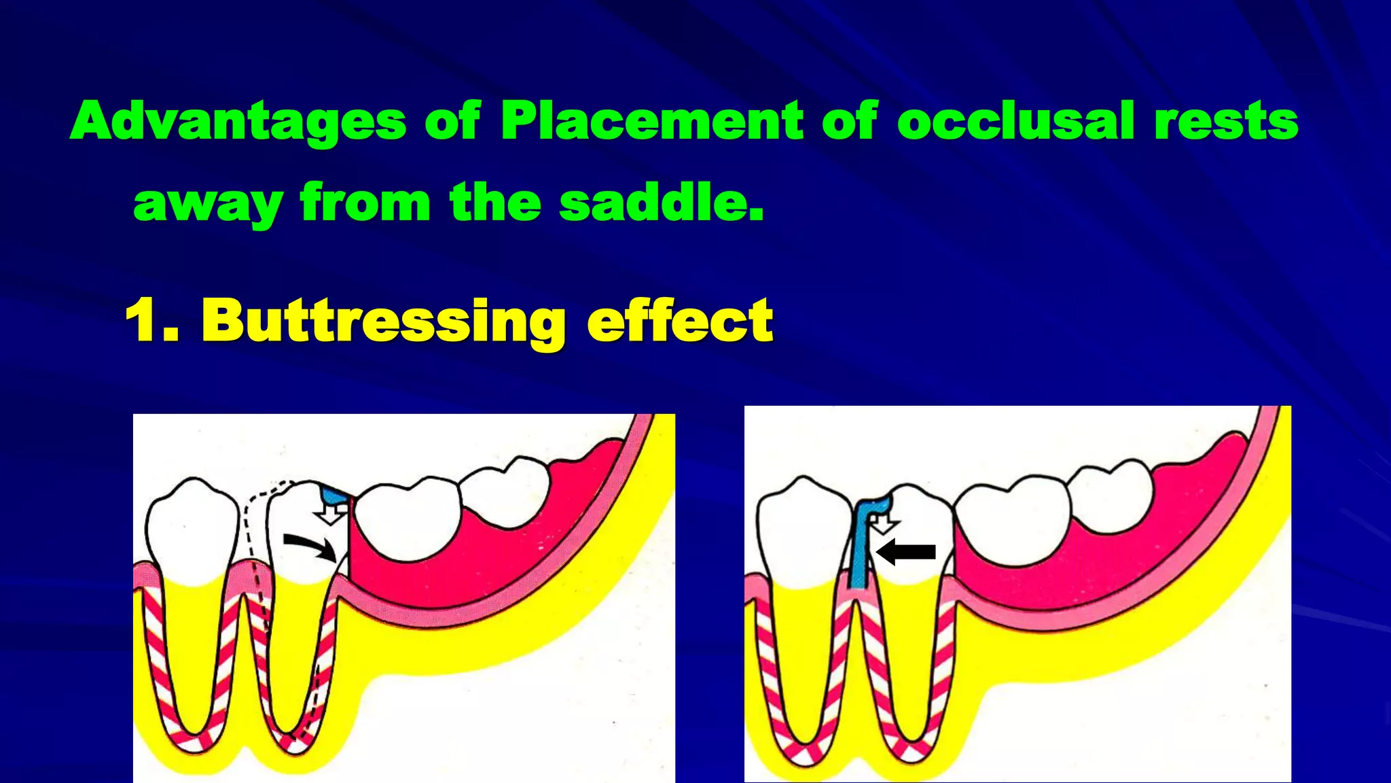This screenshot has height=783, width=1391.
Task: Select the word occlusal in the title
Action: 1016,121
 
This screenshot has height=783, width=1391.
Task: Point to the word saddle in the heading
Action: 662,203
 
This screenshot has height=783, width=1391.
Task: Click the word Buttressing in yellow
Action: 384,321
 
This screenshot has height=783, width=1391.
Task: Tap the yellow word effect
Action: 680,321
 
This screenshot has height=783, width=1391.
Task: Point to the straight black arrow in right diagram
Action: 907,551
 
